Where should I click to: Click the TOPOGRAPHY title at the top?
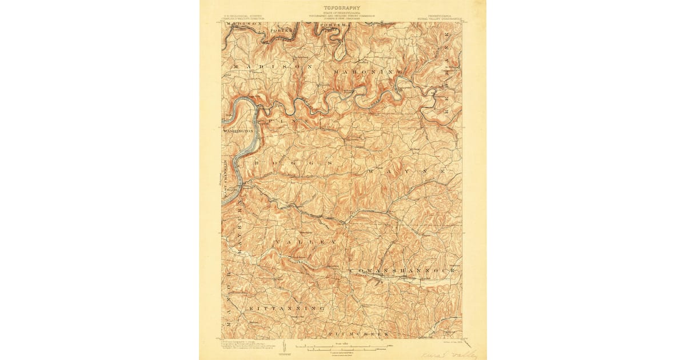coord(342,8)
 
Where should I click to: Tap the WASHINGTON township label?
coord(239,131)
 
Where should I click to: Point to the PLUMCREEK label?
coord(358,333)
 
